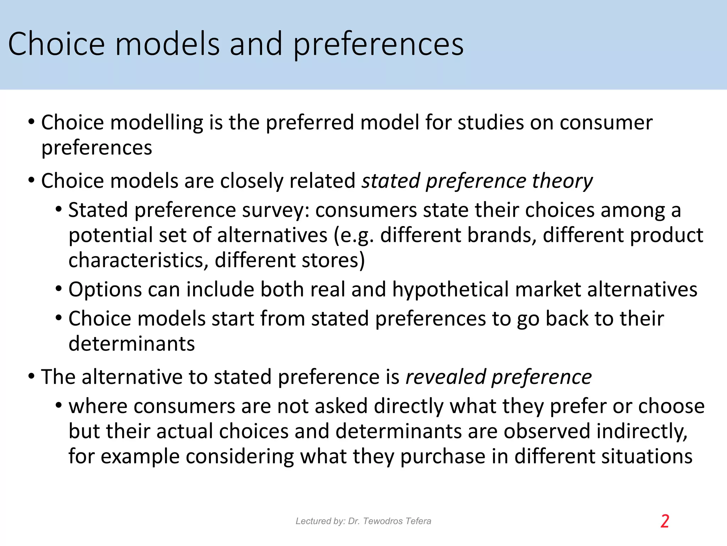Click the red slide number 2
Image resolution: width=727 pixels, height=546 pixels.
tap(665, 521)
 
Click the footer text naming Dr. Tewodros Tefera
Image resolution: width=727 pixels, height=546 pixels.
tap(363, 521)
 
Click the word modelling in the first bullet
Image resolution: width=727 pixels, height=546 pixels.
tap(157, 123)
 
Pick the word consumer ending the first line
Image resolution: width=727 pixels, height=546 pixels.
tap(606, 123)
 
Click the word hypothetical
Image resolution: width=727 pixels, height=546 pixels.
tap(450, 289)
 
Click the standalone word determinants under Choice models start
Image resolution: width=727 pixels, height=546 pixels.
tap(132, 344)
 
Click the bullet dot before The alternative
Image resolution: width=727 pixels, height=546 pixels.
tap(31, 376)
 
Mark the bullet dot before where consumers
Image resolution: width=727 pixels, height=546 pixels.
tap(59, 406)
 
